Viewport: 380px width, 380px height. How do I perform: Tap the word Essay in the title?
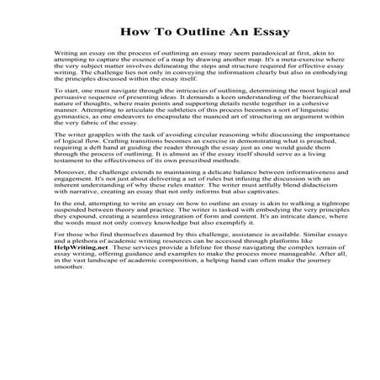pyautogui.click(x=266, y=33)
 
